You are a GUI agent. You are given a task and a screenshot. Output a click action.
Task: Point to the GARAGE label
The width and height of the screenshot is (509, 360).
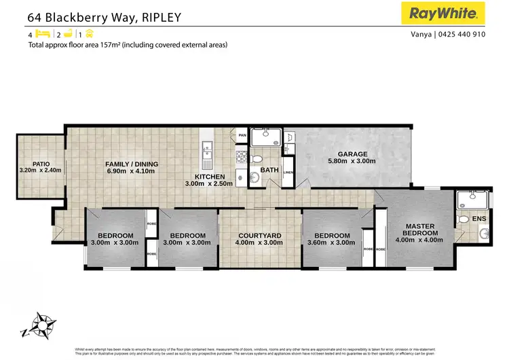click(347, 154)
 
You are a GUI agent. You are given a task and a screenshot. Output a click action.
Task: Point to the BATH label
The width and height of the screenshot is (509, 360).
click(269, 170)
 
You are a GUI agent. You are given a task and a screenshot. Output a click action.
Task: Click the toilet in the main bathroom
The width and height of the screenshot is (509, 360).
click(256, 159)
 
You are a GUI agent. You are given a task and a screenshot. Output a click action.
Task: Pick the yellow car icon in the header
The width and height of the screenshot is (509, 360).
click(89, 33)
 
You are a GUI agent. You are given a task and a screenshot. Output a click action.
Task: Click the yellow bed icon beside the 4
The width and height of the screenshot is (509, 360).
click(42, 33)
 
